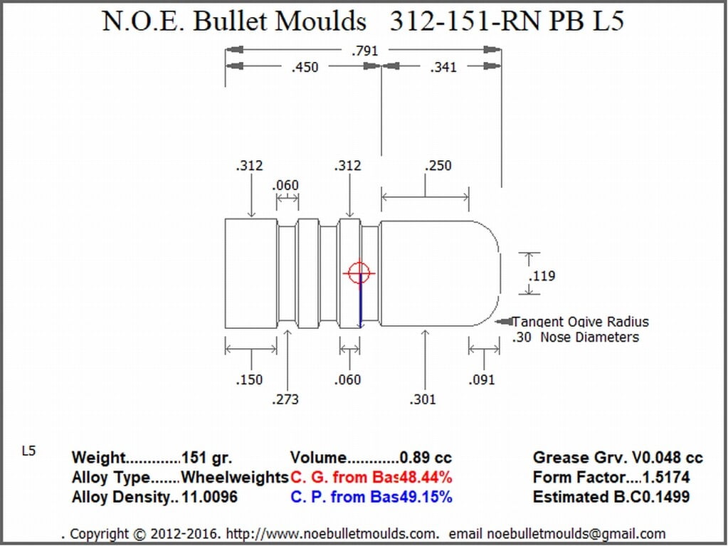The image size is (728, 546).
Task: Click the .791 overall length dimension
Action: click(x=365, y=51)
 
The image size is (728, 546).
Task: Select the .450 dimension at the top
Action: click(x=305, y=68)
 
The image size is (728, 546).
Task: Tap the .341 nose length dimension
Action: click(x=443, y=68)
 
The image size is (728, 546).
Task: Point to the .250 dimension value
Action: click(x=438, y=166)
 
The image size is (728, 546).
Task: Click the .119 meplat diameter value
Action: click(x=542, y=275)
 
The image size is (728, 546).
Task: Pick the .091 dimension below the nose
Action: click(x=482, y=380)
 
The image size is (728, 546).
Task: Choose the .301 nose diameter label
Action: click(x=423, y=399)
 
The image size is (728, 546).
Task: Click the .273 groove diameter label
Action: click(x=285, y=399)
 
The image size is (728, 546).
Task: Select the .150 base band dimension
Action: click(x=249, y=380)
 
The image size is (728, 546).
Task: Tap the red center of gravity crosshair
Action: click(x=359, y=273)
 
